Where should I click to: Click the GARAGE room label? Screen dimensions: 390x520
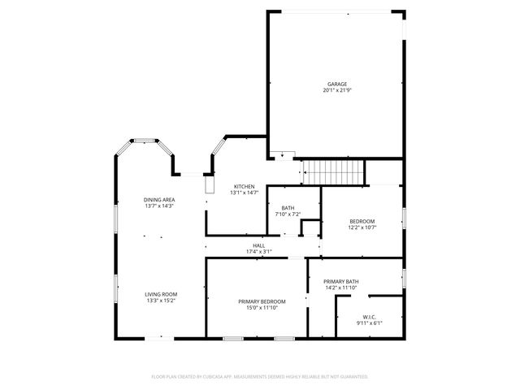coord(337,84)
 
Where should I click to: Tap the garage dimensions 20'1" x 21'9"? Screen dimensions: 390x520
coord(337,90)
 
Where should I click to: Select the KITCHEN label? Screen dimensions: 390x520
coord(245,186)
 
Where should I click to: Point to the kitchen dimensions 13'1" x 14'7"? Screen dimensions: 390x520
coord(245,193)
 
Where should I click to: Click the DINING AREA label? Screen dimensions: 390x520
coord(160,199)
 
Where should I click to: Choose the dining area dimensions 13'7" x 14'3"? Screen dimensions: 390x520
coord(160,206)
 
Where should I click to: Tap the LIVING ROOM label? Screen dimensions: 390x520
coord(161,294)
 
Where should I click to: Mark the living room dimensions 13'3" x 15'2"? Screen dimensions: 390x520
coord(161,301)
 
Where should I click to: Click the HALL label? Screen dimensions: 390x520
coord(259,245)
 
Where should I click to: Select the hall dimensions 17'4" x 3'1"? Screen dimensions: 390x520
coord(259,252)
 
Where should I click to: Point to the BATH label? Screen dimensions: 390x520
coord(288,208)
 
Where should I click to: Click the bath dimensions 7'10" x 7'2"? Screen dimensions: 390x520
coord(288,214)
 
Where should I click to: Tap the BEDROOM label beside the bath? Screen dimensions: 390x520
coord(362,221)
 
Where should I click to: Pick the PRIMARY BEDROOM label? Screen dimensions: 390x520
coord(262,301)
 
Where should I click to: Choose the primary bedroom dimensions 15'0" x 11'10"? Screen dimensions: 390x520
coord(262,308)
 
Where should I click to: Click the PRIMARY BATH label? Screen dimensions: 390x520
coord(341,281)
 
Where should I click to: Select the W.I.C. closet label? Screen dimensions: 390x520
coord(368,317)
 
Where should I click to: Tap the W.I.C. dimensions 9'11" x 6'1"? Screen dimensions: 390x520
coord(368,323)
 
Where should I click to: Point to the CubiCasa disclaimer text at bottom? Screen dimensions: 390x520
coord(260,376)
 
